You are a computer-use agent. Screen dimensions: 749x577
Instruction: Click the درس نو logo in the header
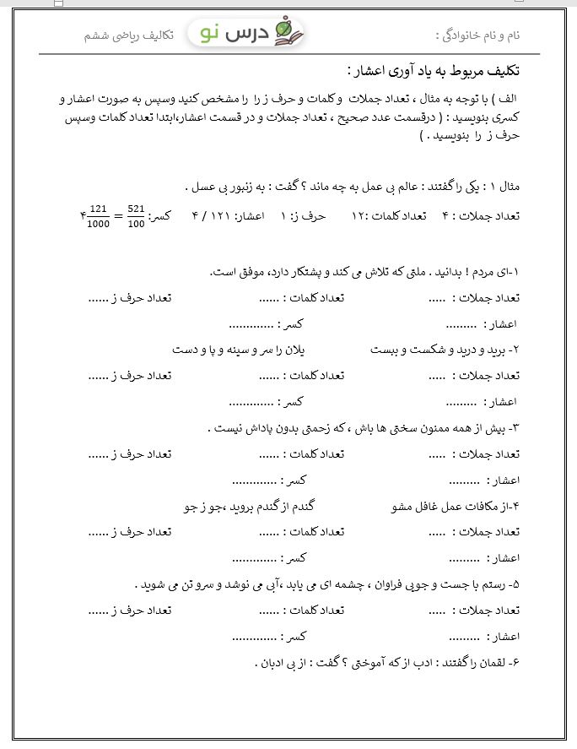point(247,34)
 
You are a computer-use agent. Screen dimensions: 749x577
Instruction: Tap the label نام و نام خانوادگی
point(478,35)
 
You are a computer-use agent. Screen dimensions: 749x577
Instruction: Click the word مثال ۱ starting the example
point(506,186)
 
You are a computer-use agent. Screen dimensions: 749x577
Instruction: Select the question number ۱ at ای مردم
point(516,272)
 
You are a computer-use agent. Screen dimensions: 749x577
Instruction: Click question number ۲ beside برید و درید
point(515,349)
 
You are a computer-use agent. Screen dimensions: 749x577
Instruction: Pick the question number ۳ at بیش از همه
point(515,428)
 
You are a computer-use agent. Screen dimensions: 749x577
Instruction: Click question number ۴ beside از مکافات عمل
point(515,507)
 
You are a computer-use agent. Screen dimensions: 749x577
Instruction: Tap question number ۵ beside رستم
point(515,584)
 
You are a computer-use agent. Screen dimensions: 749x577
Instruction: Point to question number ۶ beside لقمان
point(515,662)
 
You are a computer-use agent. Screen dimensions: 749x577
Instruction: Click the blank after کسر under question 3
point(254,480)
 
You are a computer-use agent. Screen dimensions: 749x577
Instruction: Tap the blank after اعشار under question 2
point(462,403)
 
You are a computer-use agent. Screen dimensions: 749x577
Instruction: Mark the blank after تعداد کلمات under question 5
point(269,611)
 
